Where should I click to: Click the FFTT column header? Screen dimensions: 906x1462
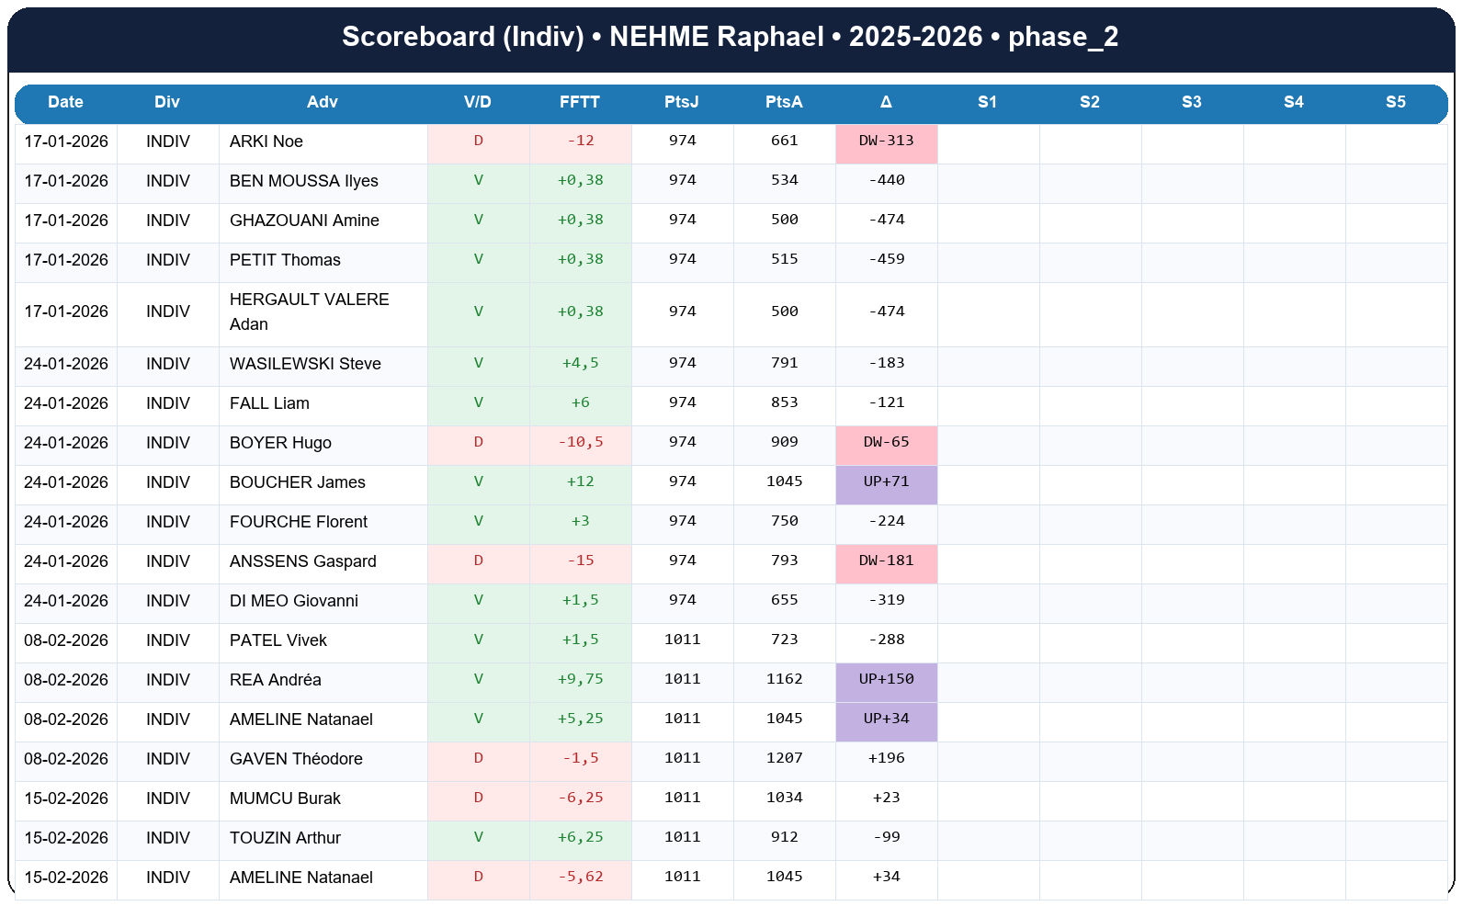click(579, 102)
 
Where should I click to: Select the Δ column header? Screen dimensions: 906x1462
click(886, 102)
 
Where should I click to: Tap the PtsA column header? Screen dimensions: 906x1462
click(784, 102)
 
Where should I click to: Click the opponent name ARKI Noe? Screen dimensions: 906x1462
click(266, 142)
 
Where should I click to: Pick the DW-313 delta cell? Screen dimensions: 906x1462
click(886, 142)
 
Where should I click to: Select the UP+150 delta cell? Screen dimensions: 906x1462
click(886, 680)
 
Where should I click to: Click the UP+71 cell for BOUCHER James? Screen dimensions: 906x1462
click(886, 482)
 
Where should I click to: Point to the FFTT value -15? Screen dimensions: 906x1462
click(580, 561)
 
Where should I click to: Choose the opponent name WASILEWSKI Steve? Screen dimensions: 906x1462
click(305, 364)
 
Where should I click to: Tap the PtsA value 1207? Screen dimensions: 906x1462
click(784, 759)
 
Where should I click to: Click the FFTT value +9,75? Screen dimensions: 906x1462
click(580, 680)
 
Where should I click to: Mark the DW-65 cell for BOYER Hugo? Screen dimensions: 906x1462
click(886, 443)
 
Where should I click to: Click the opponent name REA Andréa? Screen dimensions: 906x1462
click(275, 680)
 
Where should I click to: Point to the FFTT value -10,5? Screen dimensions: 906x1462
click(580, 443)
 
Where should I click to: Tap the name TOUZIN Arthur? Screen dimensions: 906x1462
click(285, 838)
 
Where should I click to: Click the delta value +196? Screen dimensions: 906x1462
click(886, 759)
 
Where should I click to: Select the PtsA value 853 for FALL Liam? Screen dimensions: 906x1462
click(784, 403)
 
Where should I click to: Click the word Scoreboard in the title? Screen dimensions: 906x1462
click(418, 37)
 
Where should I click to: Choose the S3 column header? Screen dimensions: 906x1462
click(1191, 102)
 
